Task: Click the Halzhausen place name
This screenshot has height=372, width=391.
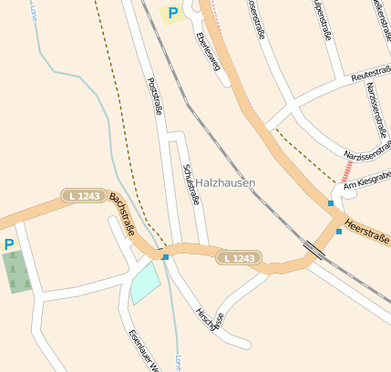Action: [x=225, y=183]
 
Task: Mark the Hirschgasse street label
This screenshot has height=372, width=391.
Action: [x=211, y=317]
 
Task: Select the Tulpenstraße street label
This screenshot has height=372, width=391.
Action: [x=320, y=20]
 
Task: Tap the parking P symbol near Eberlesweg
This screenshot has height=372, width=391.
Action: [x=171, y=13]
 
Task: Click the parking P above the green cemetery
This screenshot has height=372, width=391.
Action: [x=9, y=244]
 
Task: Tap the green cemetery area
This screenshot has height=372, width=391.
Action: [x=15, y=272]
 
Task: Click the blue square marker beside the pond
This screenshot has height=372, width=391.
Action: [x=165, y=257]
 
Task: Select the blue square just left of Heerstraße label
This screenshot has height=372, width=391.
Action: [x=339, y=232]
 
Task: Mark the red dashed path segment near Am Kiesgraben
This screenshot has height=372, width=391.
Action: [x=347, y=170]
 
